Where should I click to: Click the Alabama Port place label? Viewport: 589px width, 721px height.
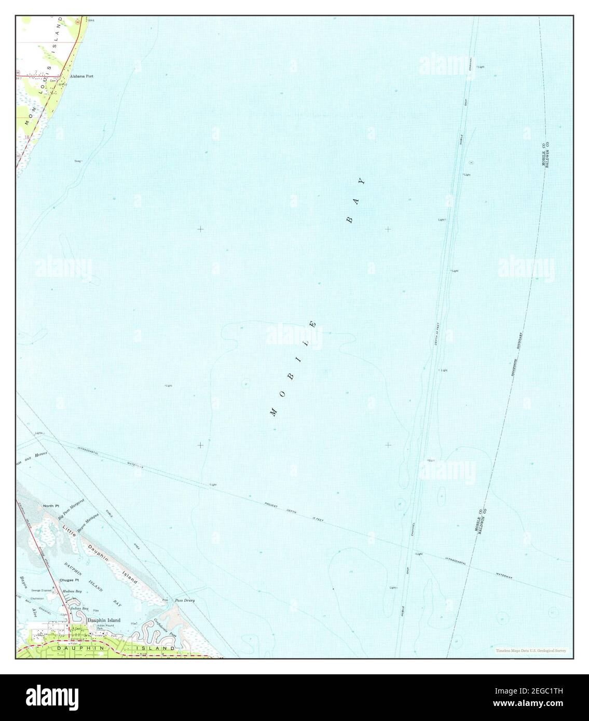[81, 76]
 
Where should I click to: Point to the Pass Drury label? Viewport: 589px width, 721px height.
[185, 600]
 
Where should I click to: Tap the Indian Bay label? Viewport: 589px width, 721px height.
[80, 608]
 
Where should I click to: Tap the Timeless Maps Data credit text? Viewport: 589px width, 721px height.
[530, 650]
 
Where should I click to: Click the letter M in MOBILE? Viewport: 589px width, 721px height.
[273, 413]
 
